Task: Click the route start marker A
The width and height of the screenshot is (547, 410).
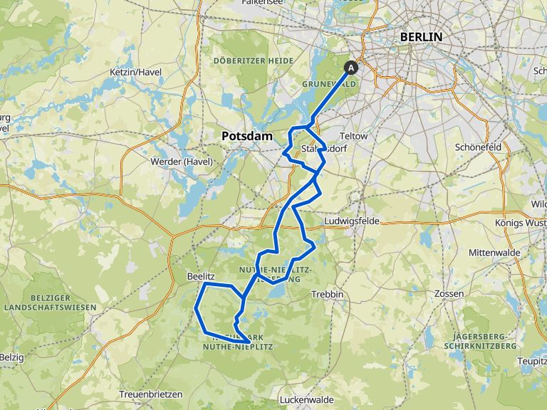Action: (350, 68)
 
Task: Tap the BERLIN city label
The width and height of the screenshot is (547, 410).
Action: (420, 37)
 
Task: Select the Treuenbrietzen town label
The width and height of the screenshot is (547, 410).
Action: (151, 394)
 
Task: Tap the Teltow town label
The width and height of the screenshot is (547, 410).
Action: (354, 136)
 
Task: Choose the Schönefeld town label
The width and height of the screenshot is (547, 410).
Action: (478, 147)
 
